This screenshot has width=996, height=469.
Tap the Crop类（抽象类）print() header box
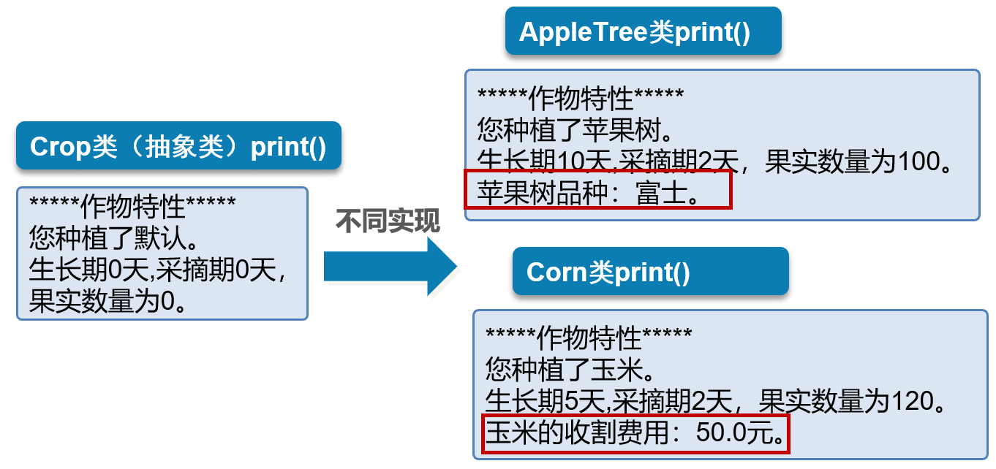(178, 146)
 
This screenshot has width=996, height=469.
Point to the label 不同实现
(388, 221)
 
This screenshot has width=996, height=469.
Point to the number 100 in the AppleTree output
(918, 161)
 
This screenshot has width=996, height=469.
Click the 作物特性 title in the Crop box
(132, 207)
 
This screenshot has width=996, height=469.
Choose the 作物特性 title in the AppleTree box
(581, 98)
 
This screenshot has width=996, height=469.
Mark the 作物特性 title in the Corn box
(589, 338)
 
